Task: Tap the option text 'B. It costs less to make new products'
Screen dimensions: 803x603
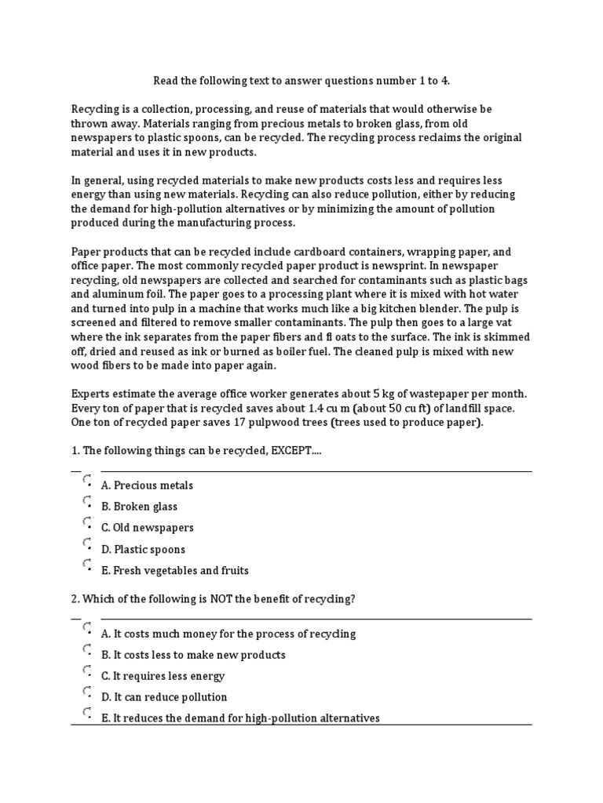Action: coord(193,655)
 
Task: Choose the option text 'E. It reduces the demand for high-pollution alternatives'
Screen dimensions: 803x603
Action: coord(240,718)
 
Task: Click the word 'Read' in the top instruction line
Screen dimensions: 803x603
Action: coord(166,80)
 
